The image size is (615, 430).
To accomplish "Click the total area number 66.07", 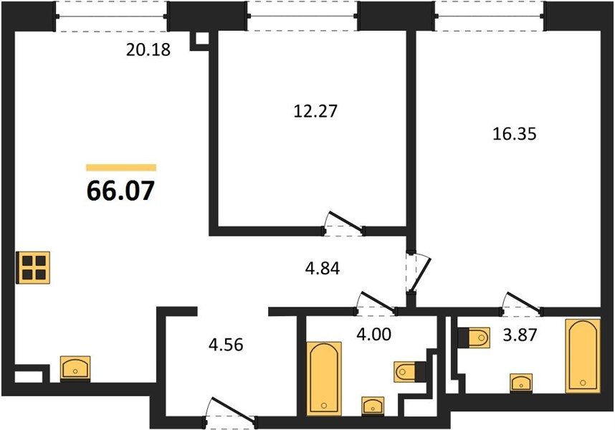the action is click(x=121, y=191).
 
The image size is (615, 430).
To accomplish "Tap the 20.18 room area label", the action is click(x=148, y=49).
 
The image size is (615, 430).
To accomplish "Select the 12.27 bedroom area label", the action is click(x=315, y=111).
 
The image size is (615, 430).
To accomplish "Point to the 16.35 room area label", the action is click(x=514, y=134).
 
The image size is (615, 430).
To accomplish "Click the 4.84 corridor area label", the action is click(x=323, y=269).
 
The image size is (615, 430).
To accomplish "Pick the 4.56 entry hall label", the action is click(x=226, y=345).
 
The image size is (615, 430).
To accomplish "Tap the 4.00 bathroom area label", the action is click(x=373, y=335).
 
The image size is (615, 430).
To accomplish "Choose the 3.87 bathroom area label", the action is click(x=520, y=335).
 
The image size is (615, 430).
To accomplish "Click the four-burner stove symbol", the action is click(x=33, y=267).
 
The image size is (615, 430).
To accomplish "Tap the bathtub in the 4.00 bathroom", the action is click(x=324, y=378).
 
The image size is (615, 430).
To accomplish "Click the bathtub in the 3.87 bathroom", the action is click(x=583, y=355).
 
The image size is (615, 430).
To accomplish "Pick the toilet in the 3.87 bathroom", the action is click(x=474, y=337).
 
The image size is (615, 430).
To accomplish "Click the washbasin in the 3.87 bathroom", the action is click(x=521, y=383).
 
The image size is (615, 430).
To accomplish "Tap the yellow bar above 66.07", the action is click(x=121, y=168).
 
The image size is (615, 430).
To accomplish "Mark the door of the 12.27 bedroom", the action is click(x=344, y=224).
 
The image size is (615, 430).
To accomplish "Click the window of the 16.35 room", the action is click(x=490, y=16).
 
